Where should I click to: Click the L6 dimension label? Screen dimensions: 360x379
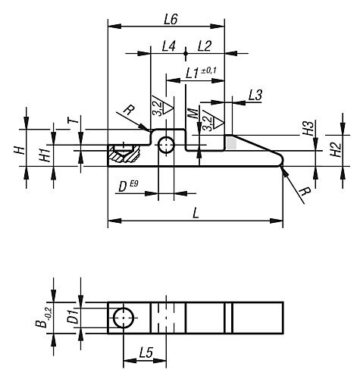click(x=171, y=20)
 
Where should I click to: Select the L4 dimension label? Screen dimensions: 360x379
click(x=169, y=46)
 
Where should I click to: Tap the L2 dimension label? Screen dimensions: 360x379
click(x=205, y=46)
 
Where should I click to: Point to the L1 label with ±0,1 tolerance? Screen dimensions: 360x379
click(x=201, y=73)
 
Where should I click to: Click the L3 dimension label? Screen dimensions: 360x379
click(x=255, y=96)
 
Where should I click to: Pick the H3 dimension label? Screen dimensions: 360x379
click(x=308, y=128)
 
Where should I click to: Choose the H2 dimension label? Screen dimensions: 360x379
click(x=336, y=149)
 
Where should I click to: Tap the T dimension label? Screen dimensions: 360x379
click(x=74, y=121)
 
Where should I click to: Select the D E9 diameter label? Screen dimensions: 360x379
click(x=128, y=186)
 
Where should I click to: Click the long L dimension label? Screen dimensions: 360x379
click(x=196, y=214)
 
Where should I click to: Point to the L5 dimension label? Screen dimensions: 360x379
click(x=146, y=352)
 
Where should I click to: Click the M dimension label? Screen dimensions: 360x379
click(x=194, y=114)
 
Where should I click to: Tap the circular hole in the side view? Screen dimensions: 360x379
click(x=166, y=145)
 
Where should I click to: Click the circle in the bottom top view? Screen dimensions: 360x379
click(x=124, y=318)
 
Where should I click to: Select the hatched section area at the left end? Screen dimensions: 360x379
click(x=124, y=154)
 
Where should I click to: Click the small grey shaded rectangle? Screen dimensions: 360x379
click(x=231, y=143)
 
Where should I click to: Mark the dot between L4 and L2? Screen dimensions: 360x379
click(x=186, y=53)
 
